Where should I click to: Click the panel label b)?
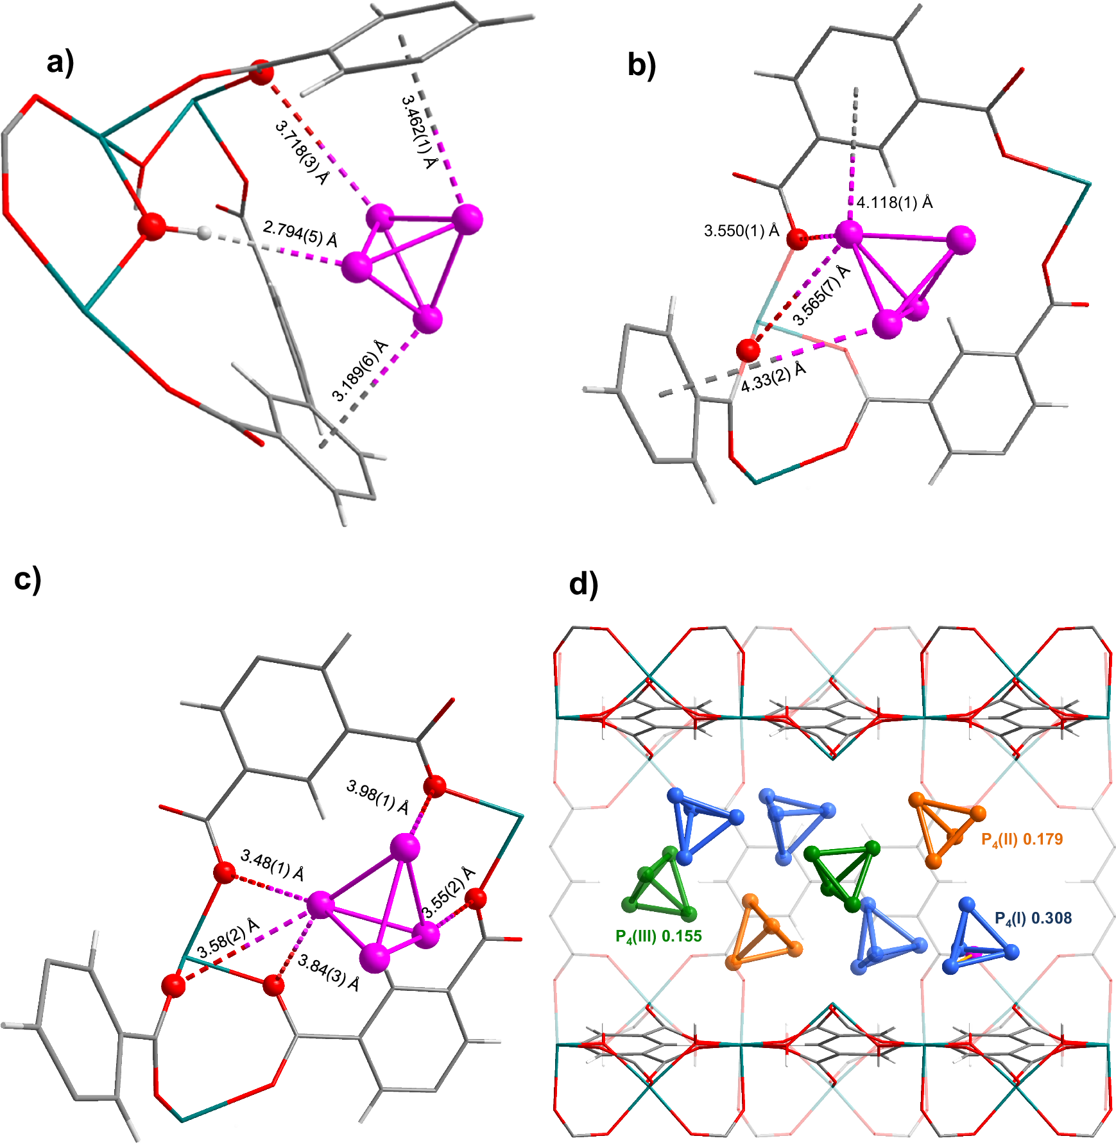641,65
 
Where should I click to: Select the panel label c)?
28,578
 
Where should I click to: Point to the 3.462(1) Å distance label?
418,132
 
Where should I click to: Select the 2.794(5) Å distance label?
300,234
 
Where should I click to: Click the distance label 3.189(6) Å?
360,370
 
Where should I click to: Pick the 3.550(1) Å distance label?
741,230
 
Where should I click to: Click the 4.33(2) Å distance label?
773,377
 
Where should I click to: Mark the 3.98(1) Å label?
377,796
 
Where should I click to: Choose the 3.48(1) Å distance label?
272,864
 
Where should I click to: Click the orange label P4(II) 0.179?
1022,839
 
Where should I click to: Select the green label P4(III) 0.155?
658,936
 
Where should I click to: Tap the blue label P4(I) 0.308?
1033,918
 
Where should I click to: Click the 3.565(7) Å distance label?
821,295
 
